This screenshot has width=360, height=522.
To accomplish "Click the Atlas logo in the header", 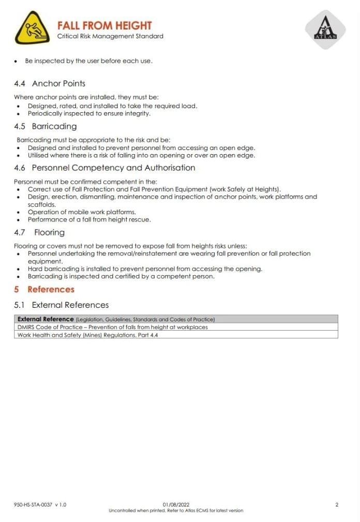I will click(x=325, y=29).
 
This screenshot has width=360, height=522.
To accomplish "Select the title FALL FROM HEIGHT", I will click(x=104, y=25).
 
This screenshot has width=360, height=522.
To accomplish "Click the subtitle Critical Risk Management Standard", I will click(x=110, y=36).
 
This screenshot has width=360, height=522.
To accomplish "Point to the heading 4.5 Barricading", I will click(x=46, y=126).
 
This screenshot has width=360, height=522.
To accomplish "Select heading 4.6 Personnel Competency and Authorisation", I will click(x=104, y=168).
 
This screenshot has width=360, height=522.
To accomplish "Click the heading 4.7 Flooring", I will click(x=39, y=232).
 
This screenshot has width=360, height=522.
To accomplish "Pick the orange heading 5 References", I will click(x=44, y=289).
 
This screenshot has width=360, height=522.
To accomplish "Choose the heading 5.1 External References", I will click(x=62, y=305).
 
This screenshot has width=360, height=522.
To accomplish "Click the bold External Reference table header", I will click(x=46, y=319).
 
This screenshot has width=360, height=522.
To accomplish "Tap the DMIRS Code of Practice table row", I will click(x=113, y=327).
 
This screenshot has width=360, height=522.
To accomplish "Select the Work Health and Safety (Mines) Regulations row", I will click(x=88, y=335).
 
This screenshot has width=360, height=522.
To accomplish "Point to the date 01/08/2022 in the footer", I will click(x=176, y=504).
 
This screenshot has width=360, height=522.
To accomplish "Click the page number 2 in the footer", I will click(x=337, y=504).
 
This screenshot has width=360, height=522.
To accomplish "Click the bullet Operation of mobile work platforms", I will click(x=82, y=212).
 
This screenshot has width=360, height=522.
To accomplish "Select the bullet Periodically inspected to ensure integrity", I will click(x=89, y=113).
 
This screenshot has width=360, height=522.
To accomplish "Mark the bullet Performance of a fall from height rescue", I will click(x=89, y=219).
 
